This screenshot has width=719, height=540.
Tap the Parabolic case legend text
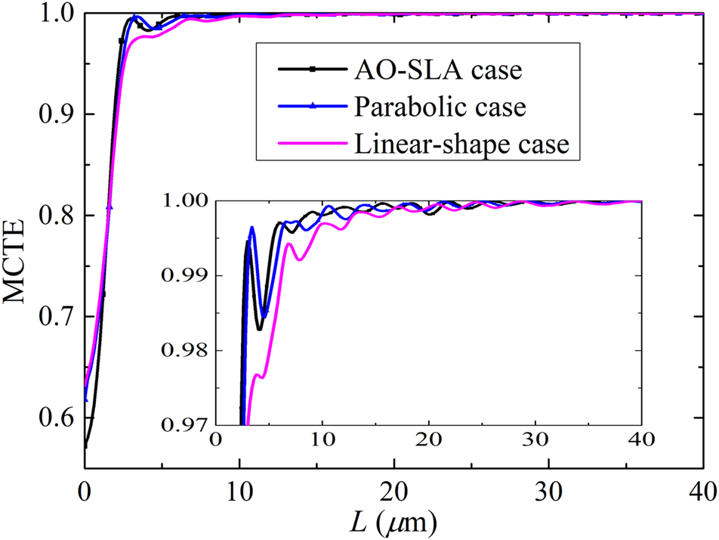click(x=440, y=107)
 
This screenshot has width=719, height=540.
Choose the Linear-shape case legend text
click(x=461, y=143)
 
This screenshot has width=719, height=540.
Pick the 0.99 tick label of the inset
click(x=184, y=276)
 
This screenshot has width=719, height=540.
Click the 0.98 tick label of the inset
click(x=184, y=350)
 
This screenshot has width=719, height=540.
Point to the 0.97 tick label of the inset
click(x=184, y=425)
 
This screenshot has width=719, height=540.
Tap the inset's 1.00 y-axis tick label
click(x=184, y=201)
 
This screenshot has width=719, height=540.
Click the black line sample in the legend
click(x=310, y=70)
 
